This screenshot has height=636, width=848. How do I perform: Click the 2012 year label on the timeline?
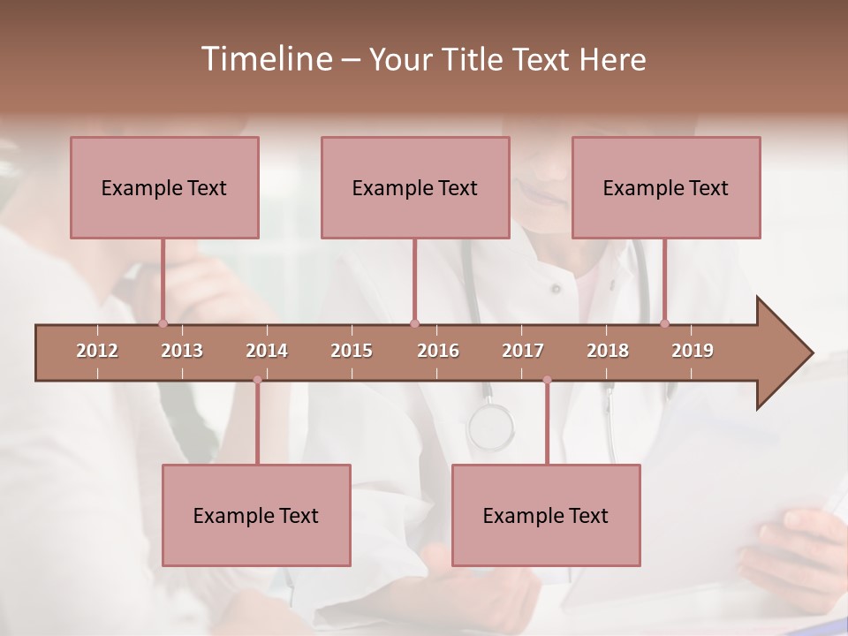pyautogui.click(x=97, y=351)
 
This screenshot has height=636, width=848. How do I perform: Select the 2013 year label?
pyautogui.click(x=182, y=351)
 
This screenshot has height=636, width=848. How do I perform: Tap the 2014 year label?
pyautogui.click(x=267, y=351)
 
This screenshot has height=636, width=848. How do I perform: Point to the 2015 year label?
pyautogui.click(x=352, y=351)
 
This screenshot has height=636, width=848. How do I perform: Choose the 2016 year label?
pyautogui.click(x=438, y=351)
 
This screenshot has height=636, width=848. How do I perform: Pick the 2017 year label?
pyautogui.click(x=523, y=351)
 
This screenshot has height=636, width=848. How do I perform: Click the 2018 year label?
pyautogui.click(x=608, y=351)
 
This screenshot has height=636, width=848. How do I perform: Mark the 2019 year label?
pyautogui.click(x=693, y=351)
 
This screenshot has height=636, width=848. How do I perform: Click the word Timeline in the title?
pyautogui.click(x=265, y=59)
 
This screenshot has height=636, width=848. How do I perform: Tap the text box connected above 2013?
pyautogui.click(x=164, y=187)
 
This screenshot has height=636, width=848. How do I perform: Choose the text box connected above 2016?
pyautogui.click(x=415, y=187)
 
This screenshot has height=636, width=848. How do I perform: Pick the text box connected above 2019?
pyautogui.click(x=666, y=187)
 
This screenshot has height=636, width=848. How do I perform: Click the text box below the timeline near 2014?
pyautogui.click(x=256, y=515)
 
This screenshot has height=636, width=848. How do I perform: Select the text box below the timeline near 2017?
pyautogui.click(x=546, y=515)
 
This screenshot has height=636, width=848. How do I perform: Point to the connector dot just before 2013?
pyautogui.click(x=163, y=323)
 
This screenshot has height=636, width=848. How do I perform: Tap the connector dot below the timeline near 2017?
pyautogui.click(x=547, y=380)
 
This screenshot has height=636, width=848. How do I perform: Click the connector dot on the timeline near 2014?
pyautogui.click(x=257, y=380)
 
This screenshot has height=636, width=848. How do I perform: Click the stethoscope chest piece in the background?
pyautogui.click(x=490, y=427)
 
